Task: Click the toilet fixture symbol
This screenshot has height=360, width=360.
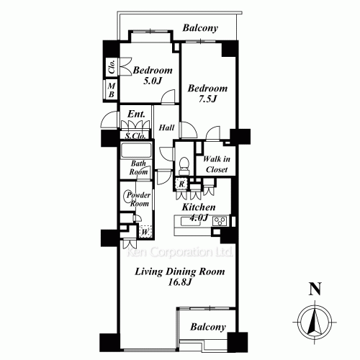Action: click(x=184, y=166)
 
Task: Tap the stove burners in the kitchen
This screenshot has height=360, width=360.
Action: click(x=220, y=221)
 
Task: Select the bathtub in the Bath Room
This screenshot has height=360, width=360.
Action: click(x=136, y=150)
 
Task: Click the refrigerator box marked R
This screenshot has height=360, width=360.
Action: click(x=181, y=184)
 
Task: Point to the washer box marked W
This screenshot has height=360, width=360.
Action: click(x=145, y=232)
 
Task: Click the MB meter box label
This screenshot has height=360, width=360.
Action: click(x=111, y=90)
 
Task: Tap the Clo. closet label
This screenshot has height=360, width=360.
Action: click(x=112, y=67)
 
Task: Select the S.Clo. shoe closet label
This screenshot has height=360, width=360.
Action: click(x=135, y=136)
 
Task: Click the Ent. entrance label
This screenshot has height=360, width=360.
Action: click(x=136, y=114)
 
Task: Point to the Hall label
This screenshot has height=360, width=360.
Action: click(x=166, y=127)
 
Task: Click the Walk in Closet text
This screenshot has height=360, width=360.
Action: click(x=217, y=164)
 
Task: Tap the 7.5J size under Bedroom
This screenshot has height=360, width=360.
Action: click(x=207, y=99)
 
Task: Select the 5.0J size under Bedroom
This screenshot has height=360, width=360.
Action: click(x=153, y=81)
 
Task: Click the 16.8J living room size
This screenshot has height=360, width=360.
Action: click(x=179, y=282)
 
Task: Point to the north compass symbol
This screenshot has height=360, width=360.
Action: click(x=315, y=323)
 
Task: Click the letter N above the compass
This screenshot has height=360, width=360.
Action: click(x=315, y=289)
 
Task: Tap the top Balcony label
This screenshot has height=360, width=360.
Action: click(x=200, y=28)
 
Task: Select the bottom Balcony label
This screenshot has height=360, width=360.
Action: click(x=208, y=327)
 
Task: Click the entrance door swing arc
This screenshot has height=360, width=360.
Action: click(x=107, y=117)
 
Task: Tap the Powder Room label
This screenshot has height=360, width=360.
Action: click(x=139, y=199)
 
